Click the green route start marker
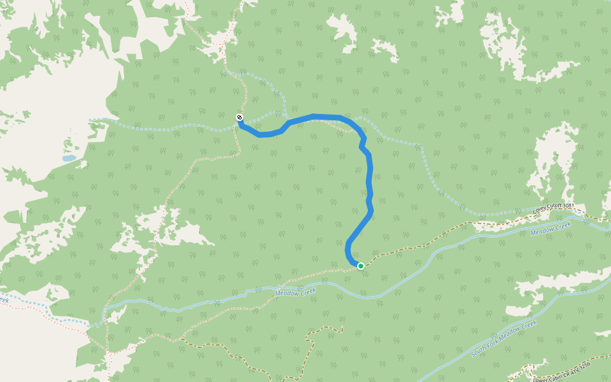click(360, 266)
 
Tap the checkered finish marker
click(239, 117)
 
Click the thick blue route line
click(370, 185)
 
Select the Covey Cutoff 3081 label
click(554, 208)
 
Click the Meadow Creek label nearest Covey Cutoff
click(551, 229)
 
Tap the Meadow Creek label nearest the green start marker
click(295, 294)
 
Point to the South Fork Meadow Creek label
click(504, 338)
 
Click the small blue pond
click(69, 158)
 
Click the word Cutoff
click(554, 208)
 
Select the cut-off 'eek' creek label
click(4, 299)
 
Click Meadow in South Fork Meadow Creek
click(510, 335)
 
